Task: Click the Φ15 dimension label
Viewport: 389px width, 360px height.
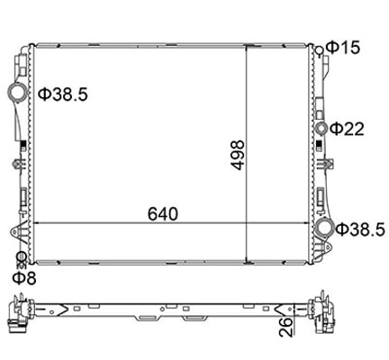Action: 347,47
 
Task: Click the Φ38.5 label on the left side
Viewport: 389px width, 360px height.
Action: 63,93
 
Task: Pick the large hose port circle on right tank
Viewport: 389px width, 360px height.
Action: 324,229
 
